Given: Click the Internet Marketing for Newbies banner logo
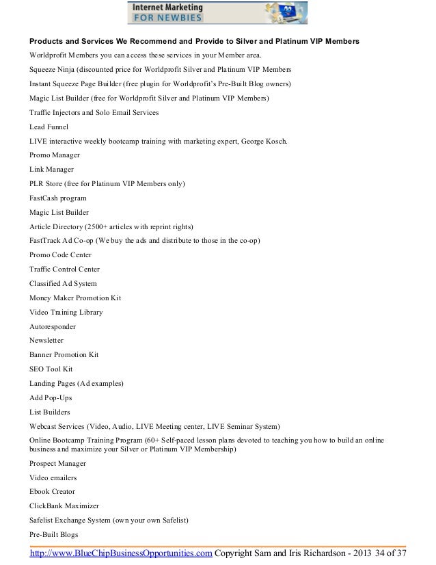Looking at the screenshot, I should tap(217, 12).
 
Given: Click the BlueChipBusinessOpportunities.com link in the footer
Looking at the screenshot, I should tap(120, 553).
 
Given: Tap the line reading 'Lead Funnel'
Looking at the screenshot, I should tap(49, 127).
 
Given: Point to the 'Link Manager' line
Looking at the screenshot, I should tap(52, 169).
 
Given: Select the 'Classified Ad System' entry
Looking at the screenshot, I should tap(63, 283).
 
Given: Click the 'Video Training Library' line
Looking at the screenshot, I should tap(66, 312).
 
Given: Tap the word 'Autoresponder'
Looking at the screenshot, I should tap(53, 326).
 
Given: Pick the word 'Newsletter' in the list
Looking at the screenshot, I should tap(46, 340).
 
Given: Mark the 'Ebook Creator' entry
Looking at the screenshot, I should tap(53, 491).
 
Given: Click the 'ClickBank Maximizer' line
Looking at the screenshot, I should tap(64, 505).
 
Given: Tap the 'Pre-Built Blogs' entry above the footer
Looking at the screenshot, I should tap(53, 534).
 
